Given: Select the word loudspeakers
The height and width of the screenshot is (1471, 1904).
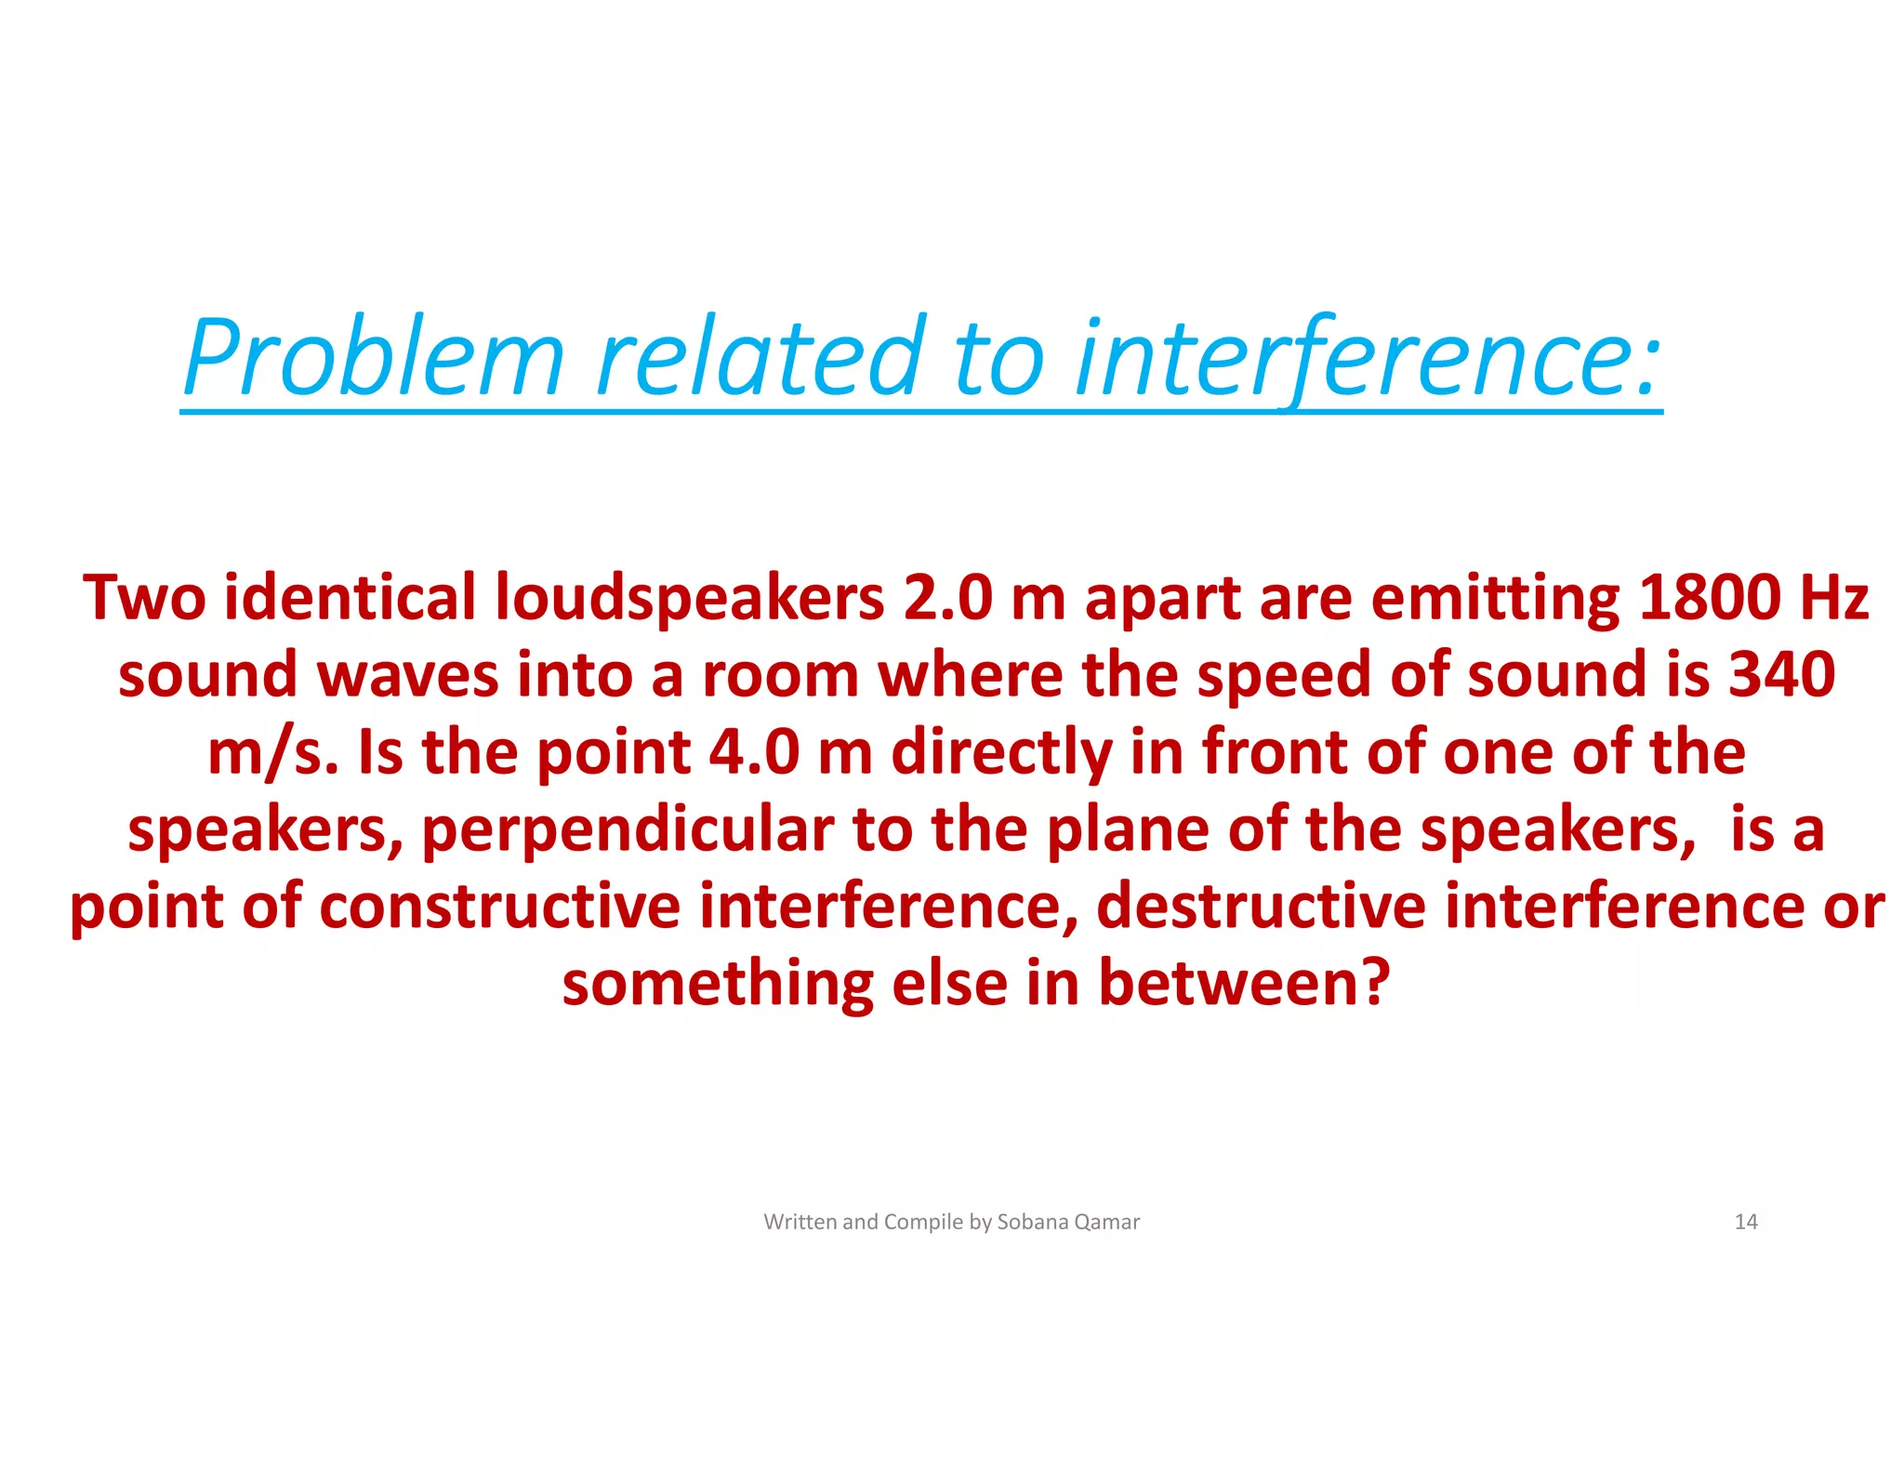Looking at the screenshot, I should [689, 598].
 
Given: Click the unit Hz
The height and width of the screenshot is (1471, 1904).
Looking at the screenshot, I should [1834, 597].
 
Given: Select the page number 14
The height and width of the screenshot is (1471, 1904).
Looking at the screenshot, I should [1745, 1222].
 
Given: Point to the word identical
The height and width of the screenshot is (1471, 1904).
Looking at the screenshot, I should [350, 598].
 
